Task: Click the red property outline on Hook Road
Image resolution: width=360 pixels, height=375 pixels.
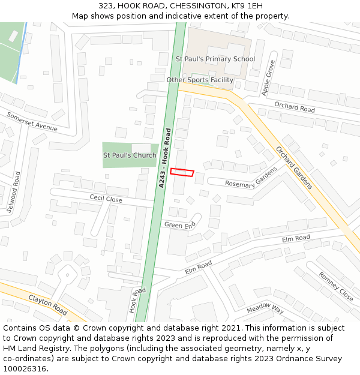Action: point(182,172)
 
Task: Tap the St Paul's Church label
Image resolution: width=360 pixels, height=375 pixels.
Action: point(130,155)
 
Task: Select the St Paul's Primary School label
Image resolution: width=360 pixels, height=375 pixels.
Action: point(215,59)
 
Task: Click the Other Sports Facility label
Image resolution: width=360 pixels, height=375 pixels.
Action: point(200,80)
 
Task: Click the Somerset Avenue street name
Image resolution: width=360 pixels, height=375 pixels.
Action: point(32,122)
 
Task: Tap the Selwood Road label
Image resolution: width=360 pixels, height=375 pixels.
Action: point(13,193)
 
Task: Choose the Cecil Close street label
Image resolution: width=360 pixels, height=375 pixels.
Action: point(106,199)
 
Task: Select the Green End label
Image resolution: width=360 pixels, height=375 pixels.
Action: point(180,225)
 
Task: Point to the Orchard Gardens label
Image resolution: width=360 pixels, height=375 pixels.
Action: point(294,167)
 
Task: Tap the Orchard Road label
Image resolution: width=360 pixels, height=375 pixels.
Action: point(295,107)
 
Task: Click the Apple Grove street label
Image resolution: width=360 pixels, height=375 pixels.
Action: point(268,77)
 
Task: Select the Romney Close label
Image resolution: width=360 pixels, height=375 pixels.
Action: point(336,286)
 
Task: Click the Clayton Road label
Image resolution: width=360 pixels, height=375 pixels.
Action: point(48,305)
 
